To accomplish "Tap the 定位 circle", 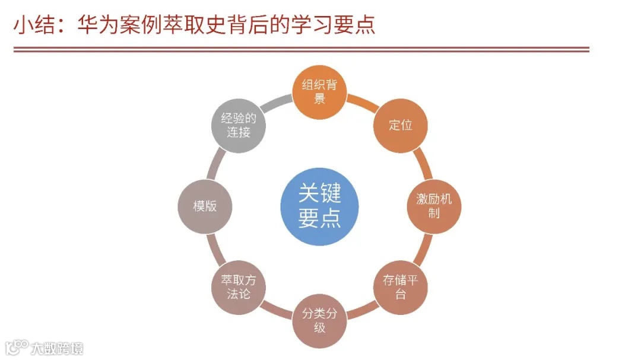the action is (401, 125).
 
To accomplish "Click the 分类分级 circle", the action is (319, 320).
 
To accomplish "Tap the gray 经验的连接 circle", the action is (239, 125).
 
